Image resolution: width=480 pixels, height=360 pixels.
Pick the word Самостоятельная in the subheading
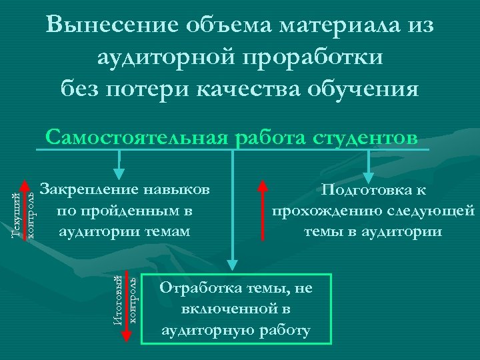point(136,137)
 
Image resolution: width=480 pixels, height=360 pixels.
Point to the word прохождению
point(321,211)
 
